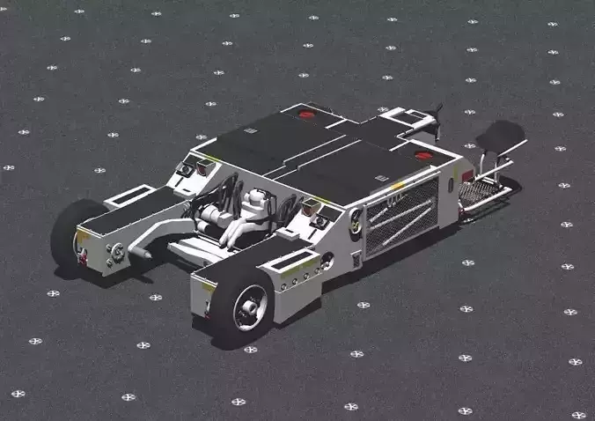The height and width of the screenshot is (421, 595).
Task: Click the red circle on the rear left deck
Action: pos(305,114)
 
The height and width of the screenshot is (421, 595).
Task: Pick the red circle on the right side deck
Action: pos(422,156)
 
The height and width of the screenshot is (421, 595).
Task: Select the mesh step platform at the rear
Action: pos(483,190)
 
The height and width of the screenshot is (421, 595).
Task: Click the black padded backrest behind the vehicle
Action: pos(503,136)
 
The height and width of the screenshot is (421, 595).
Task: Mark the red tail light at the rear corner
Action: pos(466,176)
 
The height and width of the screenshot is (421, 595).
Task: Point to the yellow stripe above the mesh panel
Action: pos(398,186)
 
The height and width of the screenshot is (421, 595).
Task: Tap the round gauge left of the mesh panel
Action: pos(356,221)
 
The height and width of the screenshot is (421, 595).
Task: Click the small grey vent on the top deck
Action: pos(251,130)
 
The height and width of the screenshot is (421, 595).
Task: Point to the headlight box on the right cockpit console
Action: pos(313,209)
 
